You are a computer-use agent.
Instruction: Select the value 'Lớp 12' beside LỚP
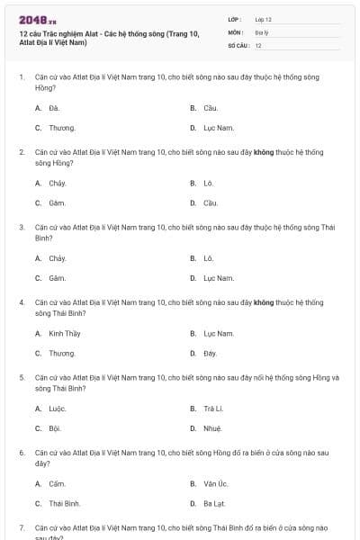click(x=263, y=19)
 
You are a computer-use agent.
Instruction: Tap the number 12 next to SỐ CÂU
click(x=258, y=44)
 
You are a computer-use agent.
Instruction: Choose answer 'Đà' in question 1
click(x=54, y=108)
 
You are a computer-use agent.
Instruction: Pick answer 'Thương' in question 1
click(x=61, y=128)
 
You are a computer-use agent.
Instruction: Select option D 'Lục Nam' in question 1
click(x=219, y=128)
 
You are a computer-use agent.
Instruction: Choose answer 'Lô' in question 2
click(x=209, y=183)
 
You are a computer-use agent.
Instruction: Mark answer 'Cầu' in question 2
click(x=211, y=202)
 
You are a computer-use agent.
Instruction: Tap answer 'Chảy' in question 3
click(x=58, y=258)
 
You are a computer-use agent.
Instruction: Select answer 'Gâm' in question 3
click(x=58, y=278)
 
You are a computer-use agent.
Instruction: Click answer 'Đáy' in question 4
click(x=211, y=354)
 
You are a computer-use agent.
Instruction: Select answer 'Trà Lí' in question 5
click(x=212, y=409)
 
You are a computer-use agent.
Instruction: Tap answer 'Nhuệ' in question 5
click(x=212, y=428)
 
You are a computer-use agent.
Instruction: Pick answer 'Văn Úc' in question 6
click(x=215, y=484)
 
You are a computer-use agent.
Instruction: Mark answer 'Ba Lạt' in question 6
click(x=214, y=504)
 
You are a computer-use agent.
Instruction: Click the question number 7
click(x=22, y=526)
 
